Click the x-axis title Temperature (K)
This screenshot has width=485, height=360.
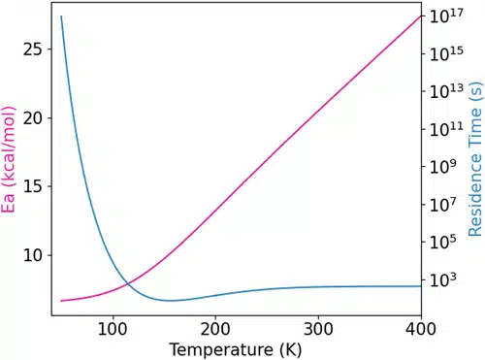(235, 346)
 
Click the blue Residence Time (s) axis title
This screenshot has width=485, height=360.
(474, 160)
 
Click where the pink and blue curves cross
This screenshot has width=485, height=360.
(127, 282)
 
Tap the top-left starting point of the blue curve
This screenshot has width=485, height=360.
(61, 16)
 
